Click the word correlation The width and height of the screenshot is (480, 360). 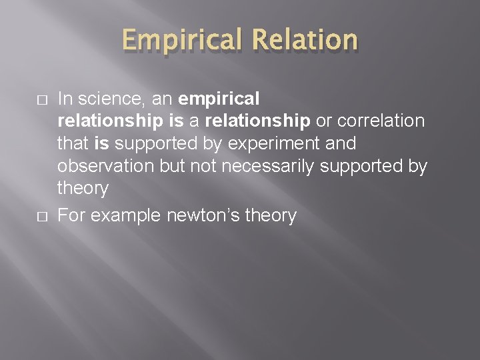(381, 121)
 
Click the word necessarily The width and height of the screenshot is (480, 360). (269, 166)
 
